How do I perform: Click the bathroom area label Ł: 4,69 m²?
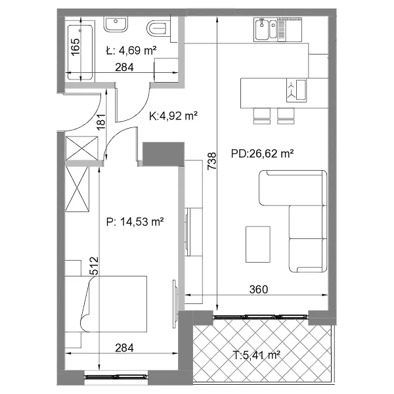(131, 51)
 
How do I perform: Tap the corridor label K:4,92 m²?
(173, 116)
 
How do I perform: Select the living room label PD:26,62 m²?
(262, 153)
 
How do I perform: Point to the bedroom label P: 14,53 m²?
(135, 222)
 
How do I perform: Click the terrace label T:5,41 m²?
(257, 355)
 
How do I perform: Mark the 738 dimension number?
(212, 161)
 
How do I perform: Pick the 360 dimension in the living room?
(259, 289)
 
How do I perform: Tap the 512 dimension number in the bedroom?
(94, 265)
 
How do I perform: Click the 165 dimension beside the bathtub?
(75, 47)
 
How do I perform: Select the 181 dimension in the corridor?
(101, 122)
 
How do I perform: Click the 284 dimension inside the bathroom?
(124, 67)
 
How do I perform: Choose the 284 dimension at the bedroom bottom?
(124, 348)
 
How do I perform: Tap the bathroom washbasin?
(116, 24)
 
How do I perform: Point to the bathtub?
(80, 53)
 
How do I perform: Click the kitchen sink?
(266, 30)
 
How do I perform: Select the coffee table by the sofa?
(258, 244)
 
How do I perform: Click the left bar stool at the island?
(262, 116)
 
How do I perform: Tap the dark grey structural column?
(164, 154)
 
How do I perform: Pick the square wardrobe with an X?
(81, 148)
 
